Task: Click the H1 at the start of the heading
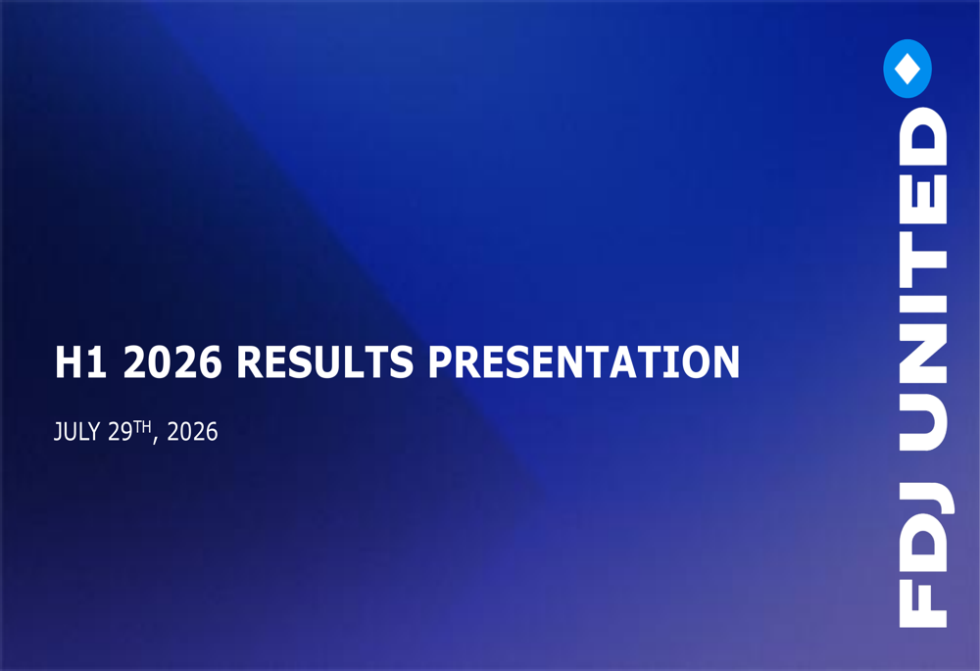point(80,361)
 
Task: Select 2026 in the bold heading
point(172,361)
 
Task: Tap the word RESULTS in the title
point(325,361)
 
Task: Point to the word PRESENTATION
point(584,361)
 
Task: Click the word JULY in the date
point(76,432)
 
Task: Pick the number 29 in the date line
point(120,432)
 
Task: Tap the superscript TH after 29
point(142,427)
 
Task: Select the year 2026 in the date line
point(192,432)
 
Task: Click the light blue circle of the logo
point(907,69)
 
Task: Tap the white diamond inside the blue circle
point(907,69)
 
